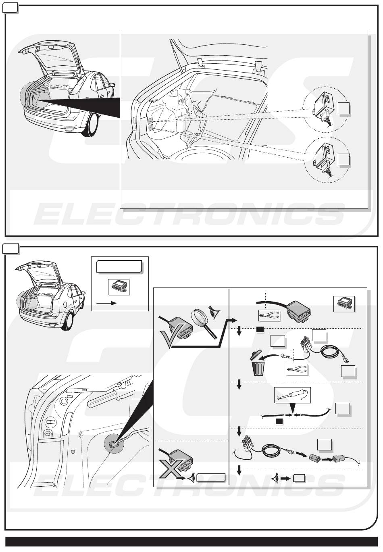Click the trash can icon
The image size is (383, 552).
pos(258,363)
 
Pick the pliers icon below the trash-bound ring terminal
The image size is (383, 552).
pos(297,369)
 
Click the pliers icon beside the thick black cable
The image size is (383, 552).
pos(269,315)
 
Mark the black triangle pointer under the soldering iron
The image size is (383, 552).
pos(292,408)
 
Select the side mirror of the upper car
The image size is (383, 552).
pos(112,85)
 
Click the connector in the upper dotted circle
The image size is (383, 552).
pos(323,108)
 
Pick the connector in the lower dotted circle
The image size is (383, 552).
pos(323,159)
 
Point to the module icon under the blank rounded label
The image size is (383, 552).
pos(119,287)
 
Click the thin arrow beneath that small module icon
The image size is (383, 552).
pos(106,303)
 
